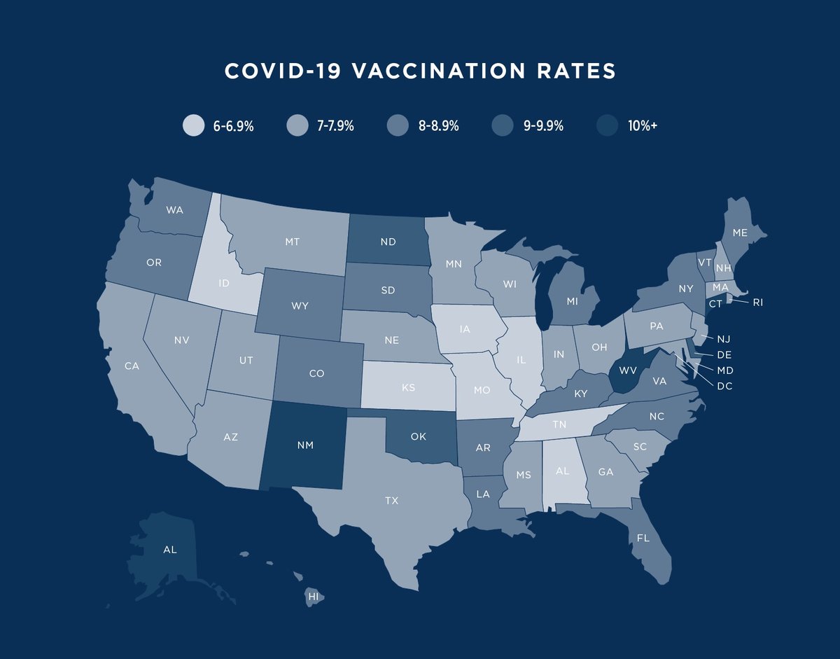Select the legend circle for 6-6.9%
click(x=193, y=126)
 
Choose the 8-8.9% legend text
click(x=438, y=126)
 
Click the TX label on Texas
click(x=391, y=500)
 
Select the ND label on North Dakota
click(x=388, y=242)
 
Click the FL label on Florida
click(x=642, y=539)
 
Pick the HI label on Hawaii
click(x=313, y=597)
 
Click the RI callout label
click(x=759, y=303)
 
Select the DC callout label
click(x=724, y=386)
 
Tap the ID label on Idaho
click(x=224, y=284)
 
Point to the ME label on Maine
click(x=740, y=232)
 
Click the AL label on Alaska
click(x=169, y=550)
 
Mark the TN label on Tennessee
click(x=559, y=424)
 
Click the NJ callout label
click(x=724, y=338)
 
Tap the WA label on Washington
click(x=175, y=209)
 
